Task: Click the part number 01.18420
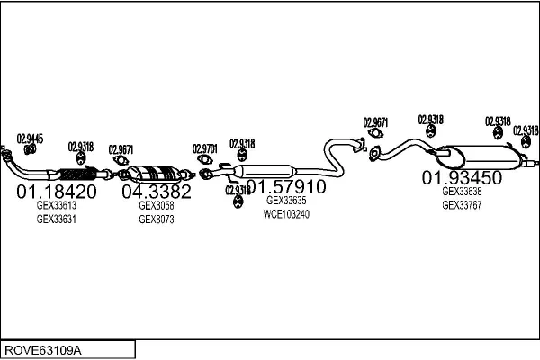(57, 192)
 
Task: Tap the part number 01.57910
(285, 187)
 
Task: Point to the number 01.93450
(462, 178)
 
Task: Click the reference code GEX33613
(56, 205)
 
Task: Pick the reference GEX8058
(157, 205)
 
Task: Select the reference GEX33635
(286, 202)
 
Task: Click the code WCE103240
(286, 214)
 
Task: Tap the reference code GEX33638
(462, 192)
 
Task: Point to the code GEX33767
(462, 204)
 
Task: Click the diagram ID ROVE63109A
(43, 349)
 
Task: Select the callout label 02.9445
(30, 139)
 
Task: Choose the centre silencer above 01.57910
(265, 171)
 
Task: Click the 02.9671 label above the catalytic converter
(121, 149)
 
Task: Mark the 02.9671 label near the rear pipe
(375, 122)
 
